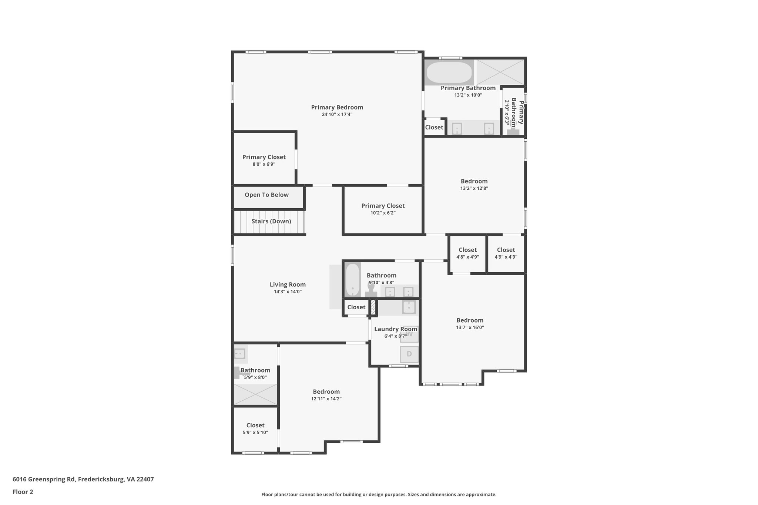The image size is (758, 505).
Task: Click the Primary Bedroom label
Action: (337, 107)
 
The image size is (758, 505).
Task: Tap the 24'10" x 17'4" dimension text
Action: (337, 115)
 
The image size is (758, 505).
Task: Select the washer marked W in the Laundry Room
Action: (409, 334)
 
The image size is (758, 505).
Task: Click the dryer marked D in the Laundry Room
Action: (409, 354)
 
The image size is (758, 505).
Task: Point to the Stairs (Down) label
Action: (271, 221)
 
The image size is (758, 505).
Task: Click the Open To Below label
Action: (266, 195)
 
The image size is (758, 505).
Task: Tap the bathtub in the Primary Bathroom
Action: (449, 73)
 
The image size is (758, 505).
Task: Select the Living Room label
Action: (288, 285)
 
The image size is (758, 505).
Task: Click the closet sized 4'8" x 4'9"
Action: (467, 253)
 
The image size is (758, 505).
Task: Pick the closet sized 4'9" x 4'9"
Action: (506, 253)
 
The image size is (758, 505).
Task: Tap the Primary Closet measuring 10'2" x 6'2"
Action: (383, 209)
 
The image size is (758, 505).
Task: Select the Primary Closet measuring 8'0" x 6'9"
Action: (264, 160)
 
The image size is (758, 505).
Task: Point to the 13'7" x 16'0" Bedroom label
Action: (470, 320)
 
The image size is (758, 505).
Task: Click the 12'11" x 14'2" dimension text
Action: (326, 399)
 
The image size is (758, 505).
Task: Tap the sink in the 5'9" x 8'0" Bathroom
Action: (240, 354)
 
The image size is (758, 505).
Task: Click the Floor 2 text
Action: (23, 492)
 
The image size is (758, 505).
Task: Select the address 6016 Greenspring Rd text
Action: (83, 479)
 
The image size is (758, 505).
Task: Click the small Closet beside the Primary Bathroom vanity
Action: (434, 127)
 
